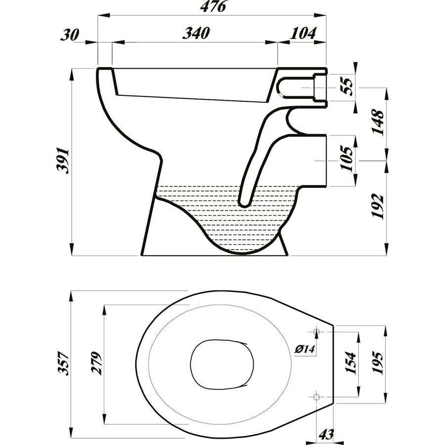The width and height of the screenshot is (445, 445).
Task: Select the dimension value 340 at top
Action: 197,34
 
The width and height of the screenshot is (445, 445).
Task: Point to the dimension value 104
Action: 303,34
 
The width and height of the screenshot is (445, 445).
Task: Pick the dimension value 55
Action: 348,86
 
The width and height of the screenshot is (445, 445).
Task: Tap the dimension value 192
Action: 378,206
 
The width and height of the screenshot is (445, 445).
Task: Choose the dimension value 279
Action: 97,363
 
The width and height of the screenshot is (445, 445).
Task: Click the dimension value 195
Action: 377,363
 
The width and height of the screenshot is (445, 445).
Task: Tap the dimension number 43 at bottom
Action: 326,435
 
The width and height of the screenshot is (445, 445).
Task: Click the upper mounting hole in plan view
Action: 317,331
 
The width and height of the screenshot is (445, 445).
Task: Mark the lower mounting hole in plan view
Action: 317,396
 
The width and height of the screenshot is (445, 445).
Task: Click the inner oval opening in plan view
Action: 222,364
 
